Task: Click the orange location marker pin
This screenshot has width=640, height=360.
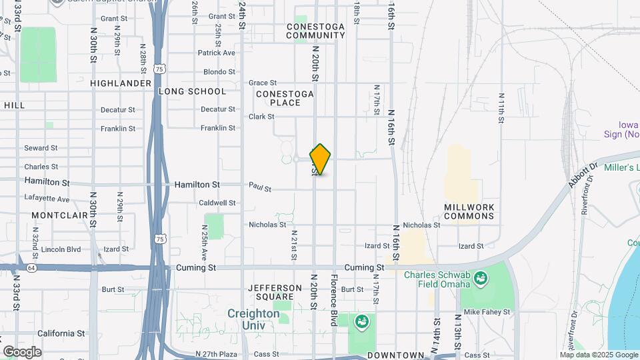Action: (x=321, y=159)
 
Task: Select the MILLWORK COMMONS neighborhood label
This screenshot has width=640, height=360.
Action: (x=469, y=211)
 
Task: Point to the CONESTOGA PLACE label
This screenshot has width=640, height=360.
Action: (x=285, y=99)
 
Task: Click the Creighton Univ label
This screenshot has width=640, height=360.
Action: (x=253, y=319)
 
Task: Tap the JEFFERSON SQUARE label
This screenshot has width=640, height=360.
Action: (x=270, y=292)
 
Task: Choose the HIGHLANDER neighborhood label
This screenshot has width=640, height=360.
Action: (x=121, y=83)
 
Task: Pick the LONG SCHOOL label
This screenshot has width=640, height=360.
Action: (x=192, y=91)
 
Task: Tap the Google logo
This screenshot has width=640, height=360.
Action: (x=22, y=351)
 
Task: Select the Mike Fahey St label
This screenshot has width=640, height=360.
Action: (x=487, y=311)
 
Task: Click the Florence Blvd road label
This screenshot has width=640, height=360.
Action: (x=334, y=299)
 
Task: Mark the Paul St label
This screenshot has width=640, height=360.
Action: (x=261, y=188)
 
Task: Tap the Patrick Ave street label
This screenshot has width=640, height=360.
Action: (x=216, y=53)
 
